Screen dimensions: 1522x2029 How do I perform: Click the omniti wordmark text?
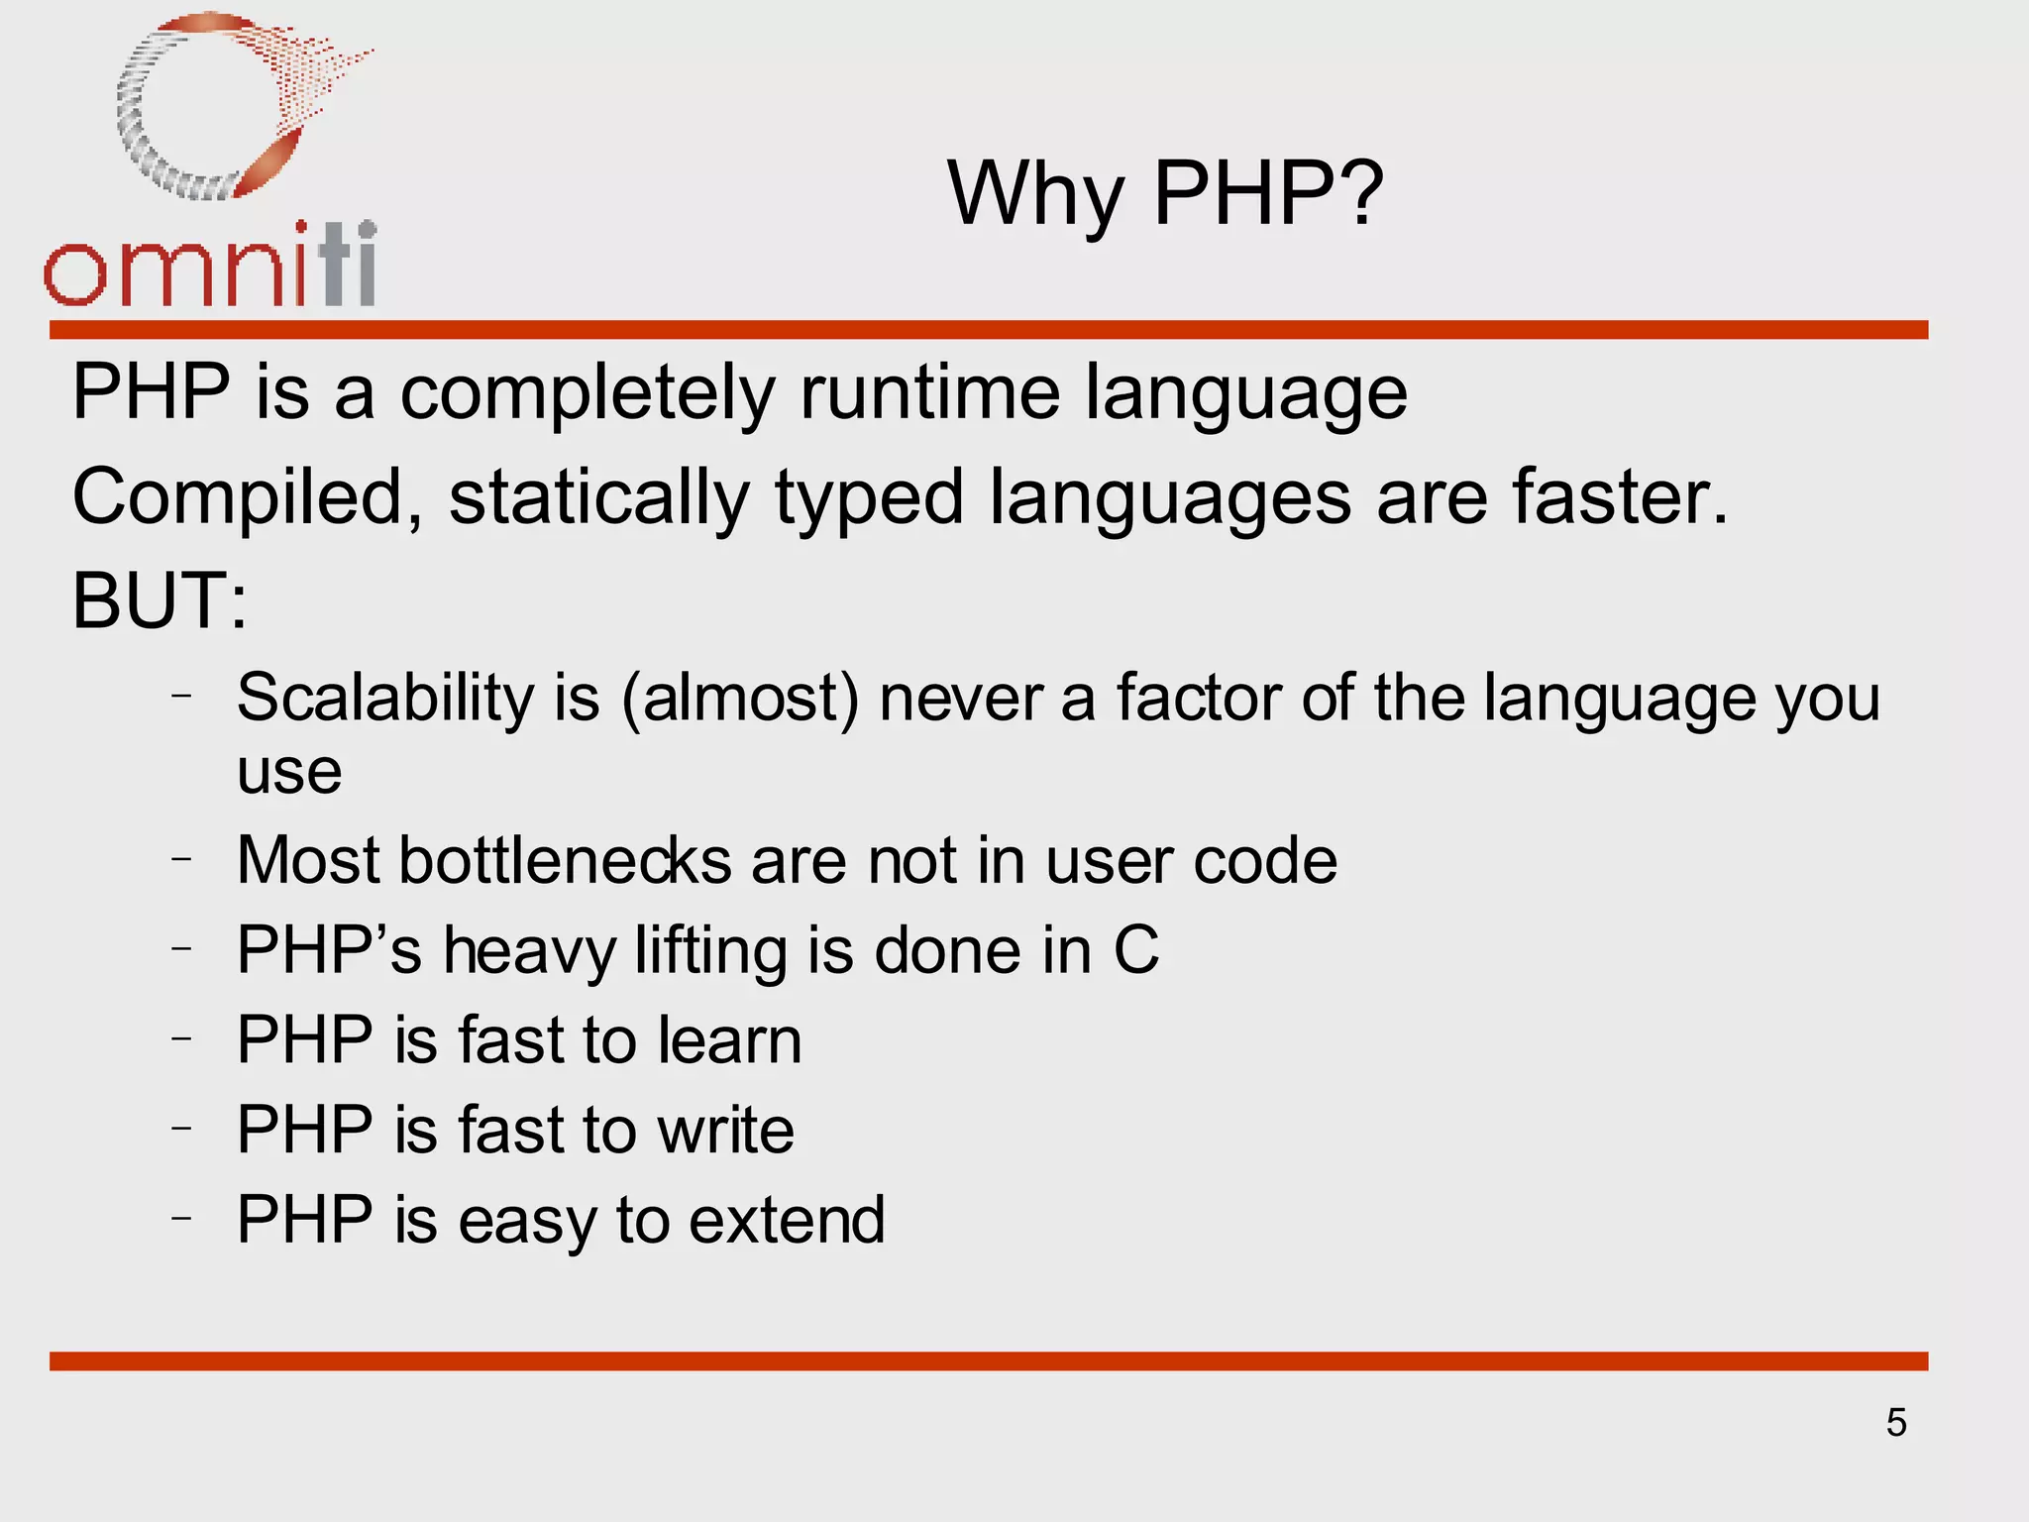pyautogui.click(x=210, y=266)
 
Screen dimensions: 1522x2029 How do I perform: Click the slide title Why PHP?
pyautogui.click(x=1165, y=193)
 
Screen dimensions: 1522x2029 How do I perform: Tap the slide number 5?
pyautogui.click(x=1896, y=1423)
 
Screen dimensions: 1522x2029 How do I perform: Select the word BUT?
pyautogui.click(x=160, y=601)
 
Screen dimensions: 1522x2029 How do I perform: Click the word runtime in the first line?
pyautogui.click(x=929, y=392)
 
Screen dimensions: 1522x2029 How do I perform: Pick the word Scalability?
pyautogui.click(x=385, y=698)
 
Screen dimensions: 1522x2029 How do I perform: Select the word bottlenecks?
pyautogui.click(x=565, y=860)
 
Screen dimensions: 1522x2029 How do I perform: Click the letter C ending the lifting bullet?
pyautogui.click(x=1135, y=950)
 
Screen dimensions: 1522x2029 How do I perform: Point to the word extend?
pyautogui.click(x=787, y=1220)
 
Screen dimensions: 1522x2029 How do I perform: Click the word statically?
pyautogui.click(x=599, y=497)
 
